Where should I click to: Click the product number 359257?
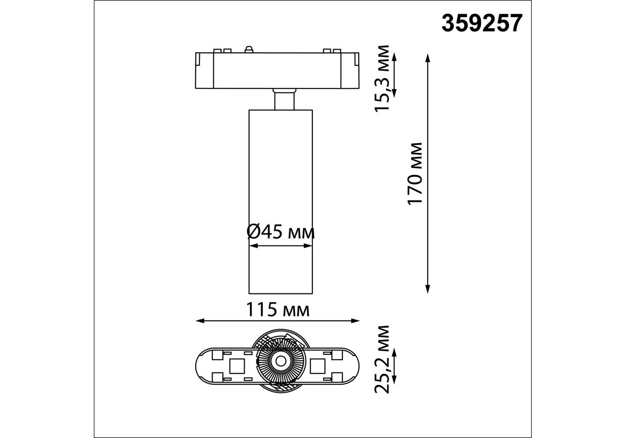[482, 23]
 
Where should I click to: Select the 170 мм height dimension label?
[415, 174]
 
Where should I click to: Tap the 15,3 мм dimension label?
[383, 78]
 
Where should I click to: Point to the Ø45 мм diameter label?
[280, 231]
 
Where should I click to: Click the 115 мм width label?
[278, 310]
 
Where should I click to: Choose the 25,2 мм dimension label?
[383, 359]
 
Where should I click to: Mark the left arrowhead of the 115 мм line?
[200, 321]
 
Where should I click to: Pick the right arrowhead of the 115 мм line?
[355, 321]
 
